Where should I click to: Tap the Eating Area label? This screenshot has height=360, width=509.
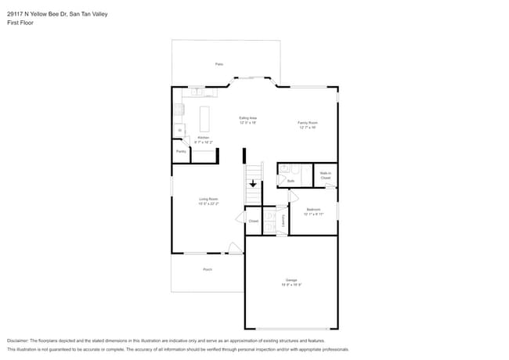(x=247, y=118)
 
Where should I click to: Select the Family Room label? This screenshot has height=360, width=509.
(x=306, y=123)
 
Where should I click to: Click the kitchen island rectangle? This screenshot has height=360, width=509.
(x=205, y=119)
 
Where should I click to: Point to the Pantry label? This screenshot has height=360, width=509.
(x=180, y=151)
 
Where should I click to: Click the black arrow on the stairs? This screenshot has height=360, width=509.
(x=252, y=184)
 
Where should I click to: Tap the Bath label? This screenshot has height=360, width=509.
(x=290, y=181)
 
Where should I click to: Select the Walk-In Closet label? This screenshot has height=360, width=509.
(x=325, y=175)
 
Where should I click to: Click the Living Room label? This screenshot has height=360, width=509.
(x=208, y=200)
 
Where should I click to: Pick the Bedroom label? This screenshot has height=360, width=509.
(x=313, y=209)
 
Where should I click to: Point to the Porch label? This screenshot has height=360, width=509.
(x=208, y=269)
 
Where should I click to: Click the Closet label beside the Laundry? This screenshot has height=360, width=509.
(x=253, y=221)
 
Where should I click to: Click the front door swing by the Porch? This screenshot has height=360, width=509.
(x=234, y=249)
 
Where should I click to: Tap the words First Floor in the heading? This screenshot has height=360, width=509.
(x=22, y=23)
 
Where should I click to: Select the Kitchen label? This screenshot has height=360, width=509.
(x=203, y=138)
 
